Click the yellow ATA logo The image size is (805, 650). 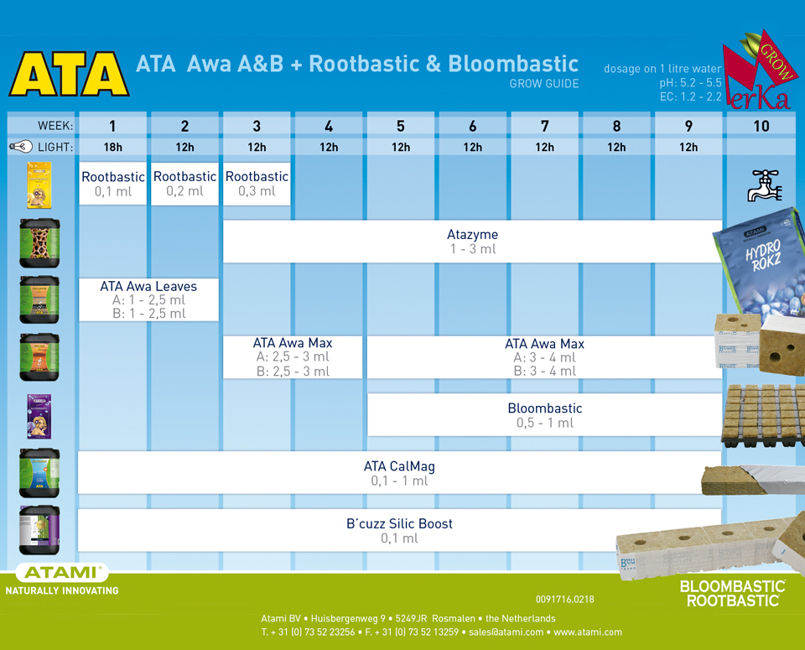point(69,75)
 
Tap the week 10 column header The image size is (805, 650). point(761,126)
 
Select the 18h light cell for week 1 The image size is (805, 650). point(112,147)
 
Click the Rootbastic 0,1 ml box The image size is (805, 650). point(112,184)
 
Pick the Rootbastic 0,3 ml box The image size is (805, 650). point(257,184)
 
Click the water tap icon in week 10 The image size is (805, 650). point(763,184)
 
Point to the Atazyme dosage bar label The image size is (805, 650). point(472,242)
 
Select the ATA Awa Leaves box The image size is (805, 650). point(148,299)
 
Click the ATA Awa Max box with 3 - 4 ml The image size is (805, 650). point(544,357)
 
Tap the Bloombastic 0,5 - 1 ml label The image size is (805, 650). point(544,415)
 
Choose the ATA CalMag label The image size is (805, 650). point(399,473)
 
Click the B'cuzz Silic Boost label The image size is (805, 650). point(399,530)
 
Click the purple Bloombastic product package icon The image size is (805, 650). point(39,417)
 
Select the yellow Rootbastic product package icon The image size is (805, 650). point(39,185)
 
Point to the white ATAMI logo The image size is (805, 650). point(62,574)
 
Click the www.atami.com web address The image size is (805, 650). point(587,632)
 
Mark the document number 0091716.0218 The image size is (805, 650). point(564,599)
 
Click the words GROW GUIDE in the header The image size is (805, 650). point(543,84)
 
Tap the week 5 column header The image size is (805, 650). point(401,126)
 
